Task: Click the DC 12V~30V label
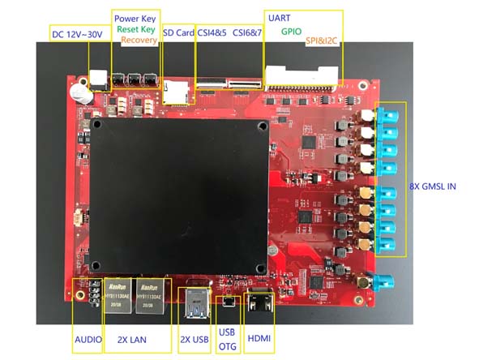pos(77,34)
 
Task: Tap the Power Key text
pos(135,19)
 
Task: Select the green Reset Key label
pos(136,29)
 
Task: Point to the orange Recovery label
pos(139,40)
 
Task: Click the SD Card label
pos(178,32)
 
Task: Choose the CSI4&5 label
pos(212,32)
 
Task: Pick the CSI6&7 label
pos(247,32)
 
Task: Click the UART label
pos(279,18)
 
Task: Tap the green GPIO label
pos(291,32)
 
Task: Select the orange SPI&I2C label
pos(322,41)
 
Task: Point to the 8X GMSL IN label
pos(433,186)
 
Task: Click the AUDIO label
pos(88,340)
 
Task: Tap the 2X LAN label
pos(132,340)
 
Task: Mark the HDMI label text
pos(259,338)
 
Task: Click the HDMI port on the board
pos(259,300)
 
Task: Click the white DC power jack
pos(99,80)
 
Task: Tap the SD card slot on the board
pos(176,92)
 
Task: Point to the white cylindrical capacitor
pos(80,93)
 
